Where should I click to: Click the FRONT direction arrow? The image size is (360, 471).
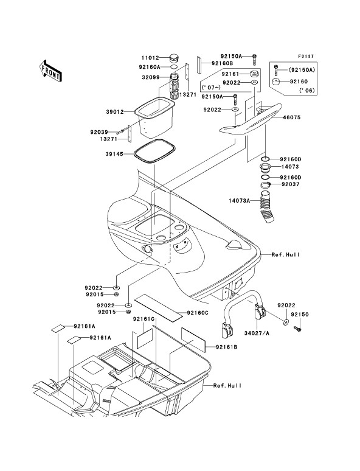[50, 71]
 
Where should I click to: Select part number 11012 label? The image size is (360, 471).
[150, 58]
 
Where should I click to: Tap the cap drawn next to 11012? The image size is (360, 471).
[175, 57]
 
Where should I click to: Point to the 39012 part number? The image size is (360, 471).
[115, 112]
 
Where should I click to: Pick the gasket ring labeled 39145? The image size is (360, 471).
[154, 150]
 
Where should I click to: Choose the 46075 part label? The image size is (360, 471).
[291, 117]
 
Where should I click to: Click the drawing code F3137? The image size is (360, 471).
[306, 56]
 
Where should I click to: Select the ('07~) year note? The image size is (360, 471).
[211, 88]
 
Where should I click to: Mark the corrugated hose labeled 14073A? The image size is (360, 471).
[266, 207]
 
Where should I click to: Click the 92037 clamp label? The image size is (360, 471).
[290, 184]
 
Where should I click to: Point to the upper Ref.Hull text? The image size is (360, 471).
[286, 255]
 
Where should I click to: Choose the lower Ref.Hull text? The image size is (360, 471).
[227, 385]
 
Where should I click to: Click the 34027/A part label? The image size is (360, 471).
[257, 333]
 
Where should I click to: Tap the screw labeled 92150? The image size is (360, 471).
[298, 329]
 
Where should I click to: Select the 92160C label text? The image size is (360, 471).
[198, 313]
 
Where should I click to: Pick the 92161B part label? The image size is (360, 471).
[226, 347]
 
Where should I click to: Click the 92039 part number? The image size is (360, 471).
[99, 132]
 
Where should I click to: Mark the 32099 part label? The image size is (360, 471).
[151, 77]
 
